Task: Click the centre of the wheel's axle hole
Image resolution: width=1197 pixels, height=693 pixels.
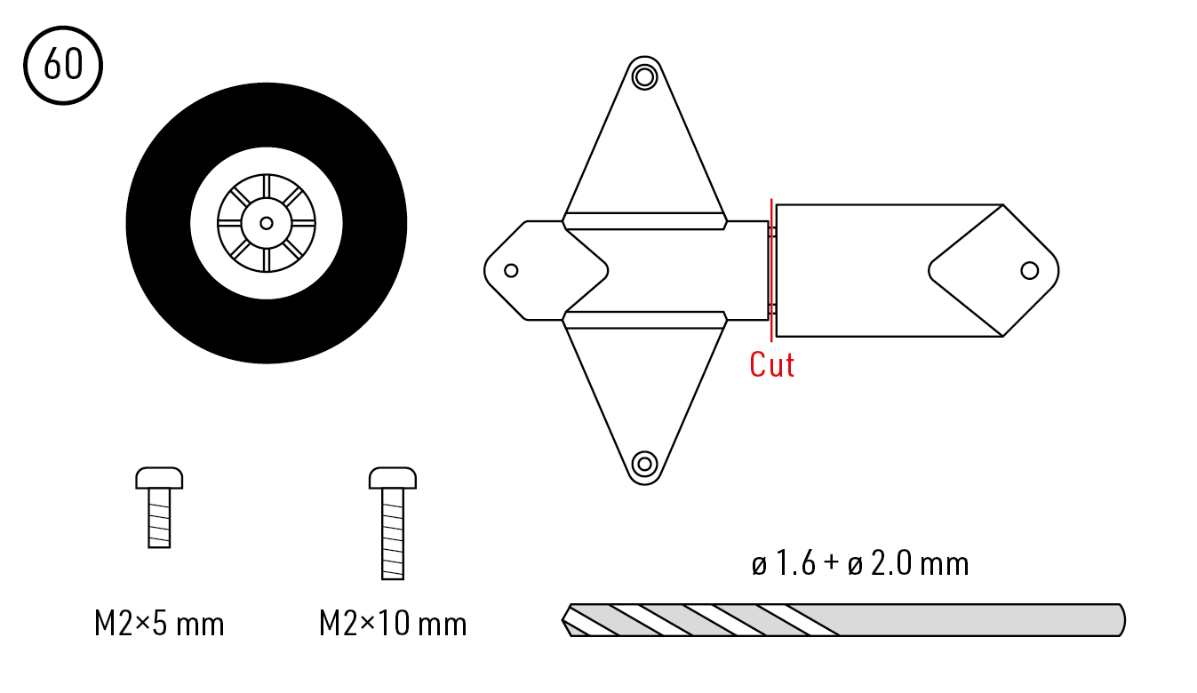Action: coord(266,223)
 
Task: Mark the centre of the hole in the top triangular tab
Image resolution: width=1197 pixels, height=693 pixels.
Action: coord(644,77)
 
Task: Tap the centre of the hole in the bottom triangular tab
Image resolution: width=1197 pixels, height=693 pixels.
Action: coord(644,464)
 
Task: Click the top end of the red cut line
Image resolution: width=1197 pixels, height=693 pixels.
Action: coord(771,199)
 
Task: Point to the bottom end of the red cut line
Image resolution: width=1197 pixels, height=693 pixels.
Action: coord(771,341)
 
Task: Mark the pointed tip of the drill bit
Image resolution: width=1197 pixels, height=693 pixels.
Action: coord(562,620)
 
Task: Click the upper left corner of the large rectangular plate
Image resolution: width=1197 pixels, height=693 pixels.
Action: coord(776,204)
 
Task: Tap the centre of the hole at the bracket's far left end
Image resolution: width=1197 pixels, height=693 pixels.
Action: coord(511,270)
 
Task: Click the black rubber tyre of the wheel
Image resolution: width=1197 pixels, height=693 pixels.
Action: coord(159,223)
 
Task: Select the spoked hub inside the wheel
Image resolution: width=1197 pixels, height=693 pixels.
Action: coord(266,223)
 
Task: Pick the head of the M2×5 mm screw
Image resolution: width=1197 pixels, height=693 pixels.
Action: coord(159,478)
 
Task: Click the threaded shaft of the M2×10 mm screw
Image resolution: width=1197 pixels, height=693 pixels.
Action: coord(393,534)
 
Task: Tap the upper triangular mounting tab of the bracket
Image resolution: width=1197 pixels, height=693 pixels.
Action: coord(644,144)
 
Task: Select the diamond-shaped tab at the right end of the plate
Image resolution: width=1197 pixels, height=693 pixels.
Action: coord(994,270)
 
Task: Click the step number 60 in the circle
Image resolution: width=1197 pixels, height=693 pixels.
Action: coord(63,64)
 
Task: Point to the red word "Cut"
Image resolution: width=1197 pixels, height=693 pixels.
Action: coord(771,365)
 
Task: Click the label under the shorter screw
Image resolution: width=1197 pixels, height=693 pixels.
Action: coord(159,623)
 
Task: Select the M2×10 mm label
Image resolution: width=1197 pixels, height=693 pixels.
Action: coord(393,623)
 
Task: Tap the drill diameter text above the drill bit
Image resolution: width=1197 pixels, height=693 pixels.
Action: coord(860,563)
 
